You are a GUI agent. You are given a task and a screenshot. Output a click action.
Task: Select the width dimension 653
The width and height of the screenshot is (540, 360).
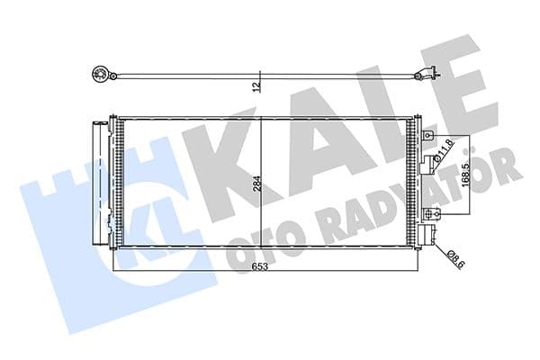260,267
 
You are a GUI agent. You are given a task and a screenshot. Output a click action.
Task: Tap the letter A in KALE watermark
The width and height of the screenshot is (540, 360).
306,144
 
